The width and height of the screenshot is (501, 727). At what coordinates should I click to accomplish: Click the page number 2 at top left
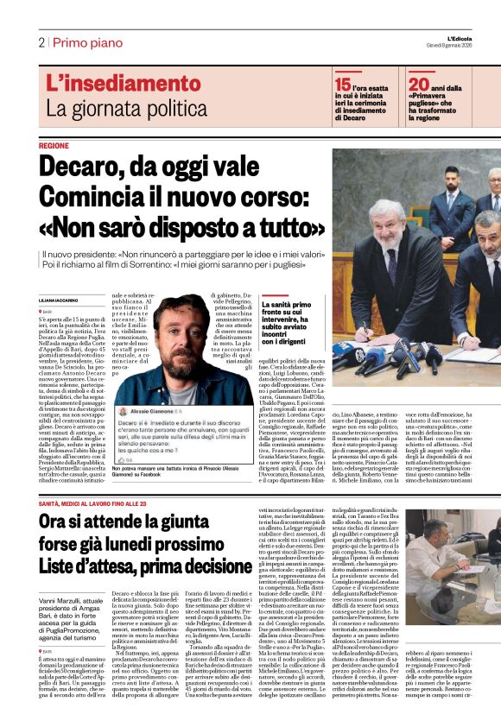click(41, 41)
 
